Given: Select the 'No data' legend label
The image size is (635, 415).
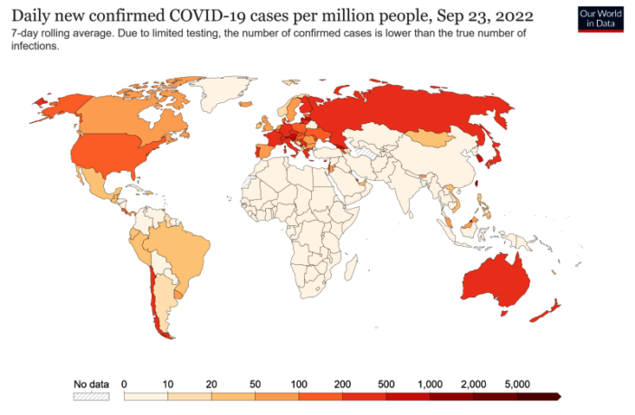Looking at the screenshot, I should (x=90, y=383).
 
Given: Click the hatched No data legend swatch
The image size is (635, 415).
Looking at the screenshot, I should (x=90, y=396).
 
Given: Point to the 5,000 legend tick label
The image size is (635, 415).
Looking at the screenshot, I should (x=517, y=383).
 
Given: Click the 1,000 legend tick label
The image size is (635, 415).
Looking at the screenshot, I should (x=429, y=383).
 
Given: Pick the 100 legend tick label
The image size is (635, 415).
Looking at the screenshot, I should (x=299, y=383).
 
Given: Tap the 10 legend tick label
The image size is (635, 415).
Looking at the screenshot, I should (x=167, y=383).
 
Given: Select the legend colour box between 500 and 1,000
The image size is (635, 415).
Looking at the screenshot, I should (x=407, y=396).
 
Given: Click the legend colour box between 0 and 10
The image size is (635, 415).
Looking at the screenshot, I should (x=145, y=396).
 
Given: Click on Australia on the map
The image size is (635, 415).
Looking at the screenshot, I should (x=493, y=280).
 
